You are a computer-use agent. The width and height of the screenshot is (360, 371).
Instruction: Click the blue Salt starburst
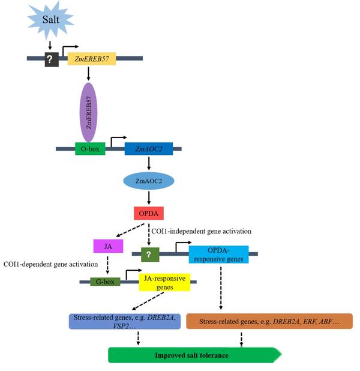(x=50, y=20)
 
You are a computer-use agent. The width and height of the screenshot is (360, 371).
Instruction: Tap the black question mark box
(x=50, y=58)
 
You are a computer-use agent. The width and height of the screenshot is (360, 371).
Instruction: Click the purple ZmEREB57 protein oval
(x=88, y=112)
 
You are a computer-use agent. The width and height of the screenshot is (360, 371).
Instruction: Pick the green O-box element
(x=90, y=149)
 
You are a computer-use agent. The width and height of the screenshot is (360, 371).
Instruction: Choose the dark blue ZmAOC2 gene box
(x=148, y=149)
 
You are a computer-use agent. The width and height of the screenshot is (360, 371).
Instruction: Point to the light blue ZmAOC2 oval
(x=148, y=180)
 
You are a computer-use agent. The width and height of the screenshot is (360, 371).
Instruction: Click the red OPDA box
(x=148, y=213)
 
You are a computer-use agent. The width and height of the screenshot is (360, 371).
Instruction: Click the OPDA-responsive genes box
(x=218, y=254)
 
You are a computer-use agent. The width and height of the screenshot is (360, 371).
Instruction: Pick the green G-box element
(x=105, y=281)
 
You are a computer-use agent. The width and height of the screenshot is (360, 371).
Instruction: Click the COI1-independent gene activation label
(x=201, y=231)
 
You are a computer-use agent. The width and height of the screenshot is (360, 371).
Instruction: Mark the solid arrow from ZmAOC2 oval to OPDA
(x=148, y=197)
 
